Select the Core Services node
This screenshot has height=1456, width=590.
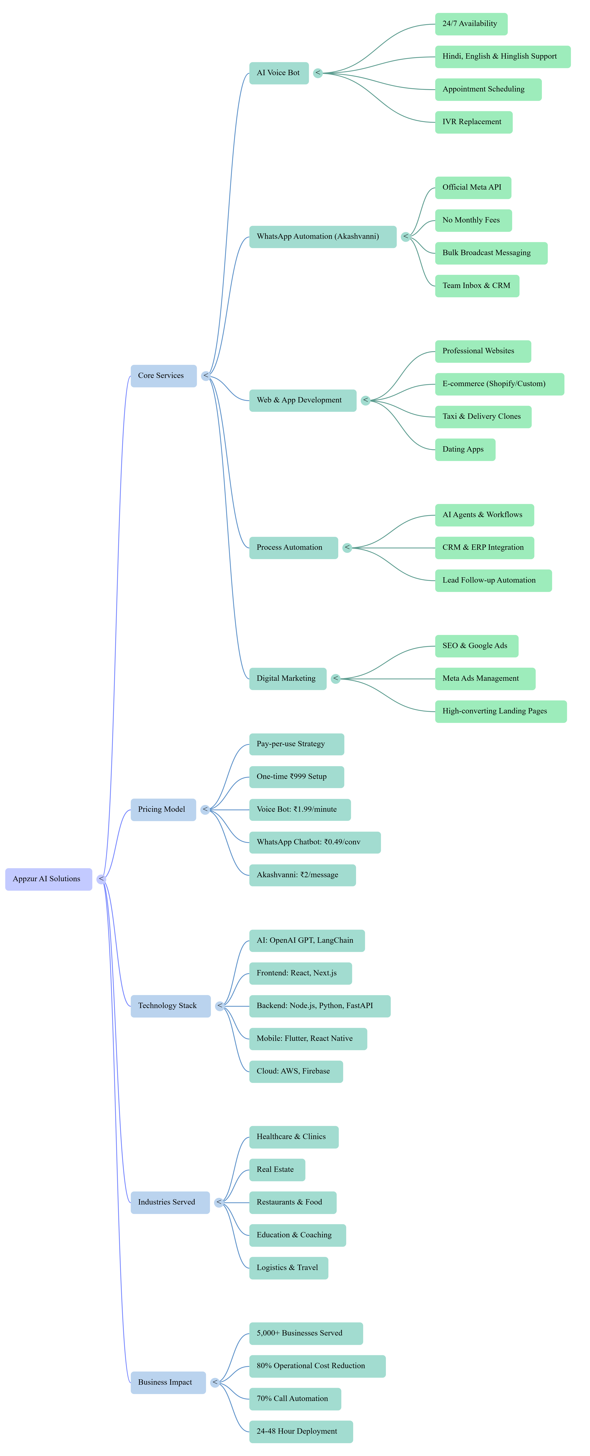pos(163,376)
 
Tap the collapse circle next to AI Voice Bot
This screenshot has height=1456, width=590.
pos(318,73)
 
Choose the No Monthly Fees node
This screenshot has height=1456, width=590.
pos(473,220)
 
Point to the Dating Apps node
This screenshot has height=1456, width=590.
pos(465,449)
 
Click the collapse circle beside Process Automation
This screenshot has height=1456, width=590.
pos(347,548)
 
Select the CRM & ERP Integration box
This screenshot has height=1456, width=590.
pos(484,548)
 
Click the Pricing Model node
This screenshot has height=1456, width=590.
pos(163,809)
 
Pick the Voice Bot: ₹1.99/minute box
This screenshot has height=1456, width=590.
pos(300,809)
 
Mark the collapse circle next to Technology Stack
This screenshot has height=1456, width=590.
pos(220,1006)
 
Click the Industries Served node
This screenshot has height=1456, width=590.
pos(170,1202)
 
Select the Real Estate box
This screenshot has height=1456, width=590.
pos(277,1169)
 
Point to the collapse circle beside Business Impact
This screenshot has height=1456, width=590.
pos(215,1383)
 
